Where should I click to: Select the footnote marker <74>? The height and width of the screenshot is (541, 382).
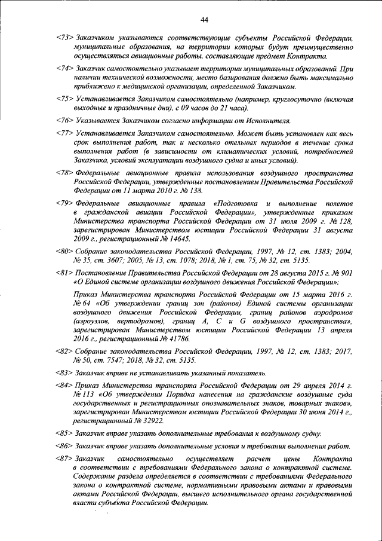point(63,69)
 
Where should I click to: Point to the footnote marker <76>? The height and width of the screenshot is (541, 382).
point(63,120)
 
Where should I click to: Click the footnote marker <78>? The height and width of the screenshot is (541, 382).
point(63,172)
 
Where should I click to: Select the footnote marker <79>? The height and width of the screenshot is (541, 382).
point(63,204)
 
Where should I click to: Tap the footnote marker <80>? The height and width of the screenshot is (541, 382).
point(63,251)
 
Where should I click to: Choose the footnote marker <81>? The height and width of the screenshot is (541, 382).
point(63,273)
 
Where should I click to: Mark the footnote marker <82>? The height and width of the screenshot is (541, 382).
point(63,351)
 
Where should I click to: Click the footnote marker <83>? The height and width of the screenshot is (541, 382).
point(63,373)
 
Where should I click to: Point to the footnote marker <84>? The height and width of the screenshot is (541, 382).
point(63,386)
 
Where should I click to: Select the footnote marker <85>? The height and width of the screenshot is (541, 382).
point(63,433)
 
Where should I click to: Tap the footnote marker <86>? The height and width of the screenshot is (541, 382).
point(63,446)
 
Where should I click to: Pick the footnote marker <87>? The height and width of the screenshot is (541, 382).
point(63,459)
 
